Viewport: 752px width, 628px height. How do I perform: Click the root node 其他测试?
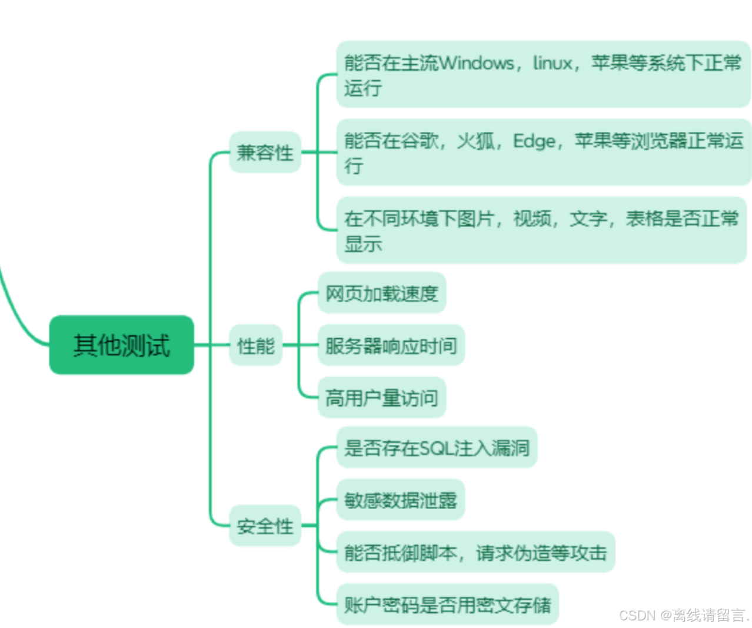121,345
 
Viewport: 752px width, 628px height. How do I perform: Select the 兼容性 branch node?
265,153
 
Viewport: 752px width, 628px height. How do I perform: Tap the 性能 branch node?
255,345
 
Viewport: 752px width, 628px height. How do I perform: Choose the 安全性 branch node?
265,525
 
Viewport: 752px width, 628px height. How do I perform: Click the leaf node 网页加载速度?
382,293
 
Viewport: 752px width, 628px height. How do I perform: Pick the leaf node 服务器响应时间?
391,345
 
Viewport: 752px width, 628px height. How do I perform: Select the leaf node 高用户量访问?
382,398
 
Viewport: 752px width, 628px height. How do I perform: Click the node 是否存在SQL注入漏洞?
437,448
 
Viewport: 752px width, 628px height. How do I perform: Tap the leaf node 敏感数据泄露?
400,500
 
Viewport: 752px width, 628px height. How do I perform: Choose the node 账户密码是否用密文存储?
447,604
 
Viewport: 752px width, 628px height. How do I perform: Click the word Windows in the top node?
477,62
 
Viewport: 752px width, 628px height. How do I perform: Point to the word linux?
553,62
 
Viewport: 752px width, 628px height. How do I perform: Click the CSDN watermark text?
683,616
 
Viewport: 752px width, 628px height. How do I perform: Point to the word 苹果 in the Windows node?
610,62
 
